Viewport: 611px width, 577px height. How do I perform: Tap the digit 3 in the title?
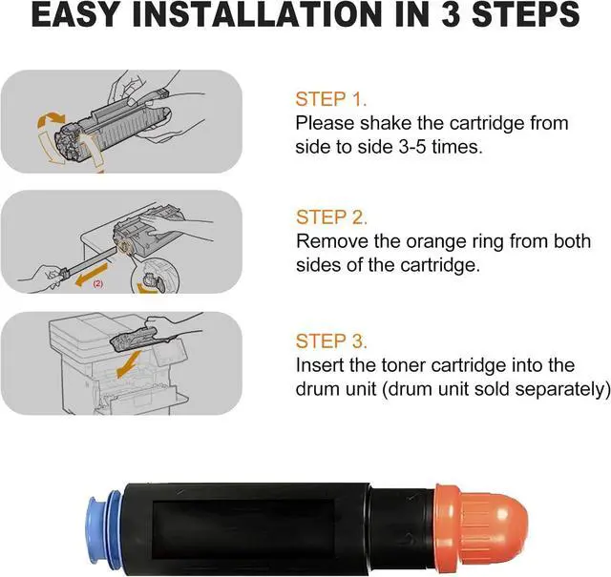(451, 14)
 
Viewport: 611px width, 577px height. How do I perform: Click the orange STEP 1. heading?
(331, 99)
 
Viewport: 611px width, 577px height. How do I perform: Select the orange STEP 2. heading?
(331, 217)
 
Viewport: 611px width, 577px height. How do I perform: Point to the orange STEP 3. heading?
(331, 341)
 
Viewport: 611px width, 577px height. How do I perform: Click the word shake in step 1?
(386, 123)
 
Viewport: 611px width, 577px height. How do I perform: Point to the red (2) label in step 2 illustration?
(97, 284)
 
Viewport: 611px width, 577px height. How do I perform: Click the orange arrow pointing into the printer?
(129, 364)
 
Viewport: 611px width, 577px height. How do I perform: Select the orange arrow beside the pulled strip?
(92, 274)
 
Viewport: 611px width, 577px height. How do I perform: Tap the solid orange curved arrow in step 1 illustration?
(51, 118)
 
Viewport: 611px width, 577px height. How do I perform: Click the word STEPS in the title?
(525, 14)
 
